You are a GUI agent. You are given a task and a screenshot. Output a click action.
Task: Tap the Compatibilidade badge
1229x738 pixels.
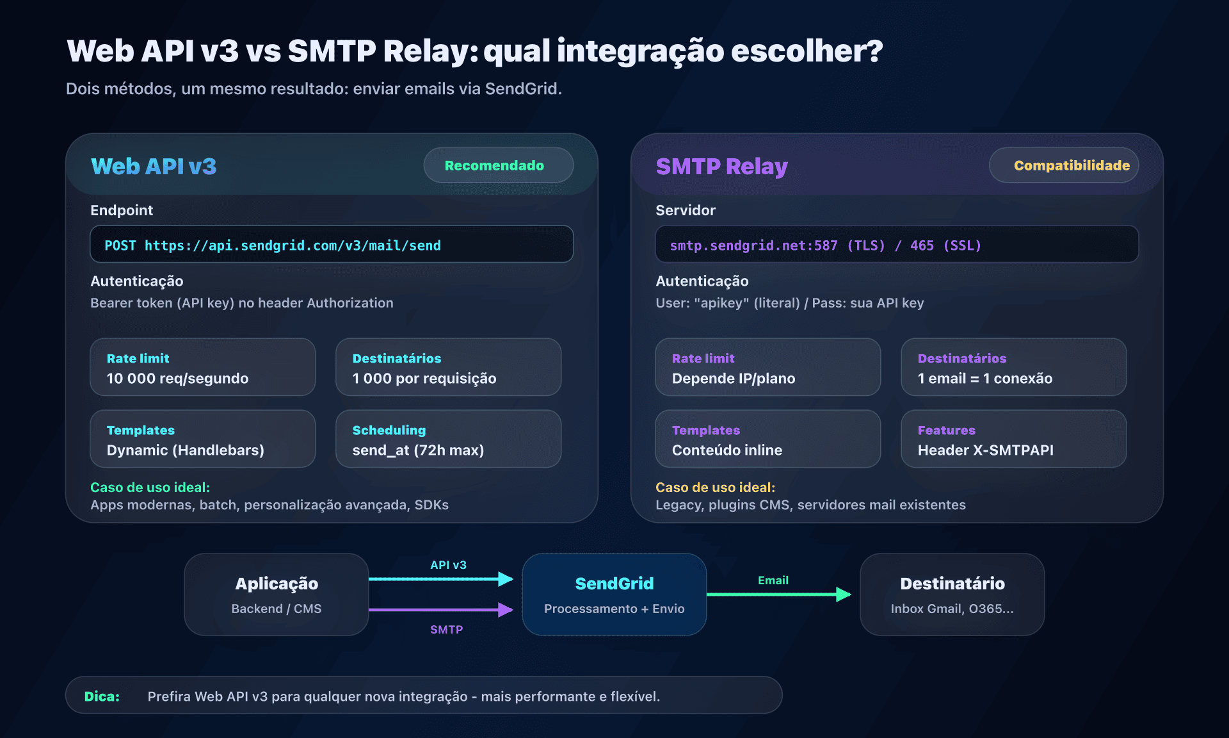pyautogui.click(x=1063, y=165)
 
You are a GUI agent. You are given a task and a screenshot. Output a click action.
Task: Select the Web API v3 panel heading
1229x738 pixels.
pyautogui.click(x=154, y=167)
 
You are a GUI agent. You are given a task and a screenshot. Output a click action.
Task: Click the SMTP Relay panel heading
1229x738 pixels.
pyautogui.click(x=721, y=167)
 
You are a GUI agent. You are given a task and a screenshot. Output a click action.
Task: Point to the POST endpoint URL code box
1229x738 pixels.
pyautogui.click(x=331, y=245)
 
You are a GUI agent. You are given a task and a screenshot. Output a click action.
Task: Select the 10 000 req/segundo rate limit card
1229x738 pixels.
pyautogui.click(x=202, y=368)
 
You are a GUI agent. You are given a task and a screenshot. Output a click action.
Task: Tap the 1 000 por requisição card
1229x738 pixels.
pyautogui.click(x=448, y=368)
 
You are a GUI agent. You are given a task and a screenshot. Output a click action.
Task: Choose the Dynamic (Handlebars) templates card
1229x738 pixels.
pyautogui.click(x=202, y=439)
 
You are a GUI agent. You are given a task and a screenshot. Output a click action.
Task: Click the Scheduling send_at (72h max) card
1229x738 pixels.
pyautogui.click(x=448, y=439)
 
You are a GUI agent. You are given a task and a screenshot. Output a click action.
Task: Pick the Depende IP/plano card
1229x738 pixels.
pyautogui.click(x=767, y=368)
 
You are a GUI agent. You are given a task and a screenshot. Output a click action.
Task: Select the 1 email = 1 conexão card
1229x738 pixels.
pyautogui.click(x=1013, y=368)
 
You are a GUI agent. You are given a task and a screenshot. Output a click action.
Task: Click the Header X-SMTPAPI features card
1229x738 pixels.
pyautogui.click(x=1013, y=439)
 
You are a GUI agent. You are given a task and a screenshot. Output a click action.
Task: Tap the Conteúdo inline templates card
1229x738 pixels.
pyautogui.click(x=767, y=439)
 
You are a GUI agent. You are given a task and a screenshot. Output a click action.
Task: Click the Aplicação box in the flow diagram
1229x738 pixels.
pyautogui.click(x=277, y=594)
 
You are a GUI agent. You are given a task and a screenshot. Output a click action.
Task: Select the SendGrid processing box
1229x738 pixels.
pyautogui.click(x=614, y=594)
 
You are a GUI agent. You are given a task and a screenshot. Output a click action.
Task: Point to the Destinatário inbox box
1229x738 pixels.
pyautogui.click(x=952, y=594)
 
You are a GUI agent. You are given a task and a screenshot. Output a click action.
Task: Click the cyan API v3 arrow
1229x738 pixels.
pyautogui.click(x=442, y=579)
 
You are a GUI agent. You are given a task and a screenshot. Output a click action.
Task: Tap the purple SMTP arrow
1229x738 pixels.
pyautogui.click(x=442, y=610)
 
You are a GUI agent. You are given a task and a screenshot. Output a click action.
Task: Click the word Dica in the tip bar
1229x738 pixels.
pyautogui.click(x=102, y=696)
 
